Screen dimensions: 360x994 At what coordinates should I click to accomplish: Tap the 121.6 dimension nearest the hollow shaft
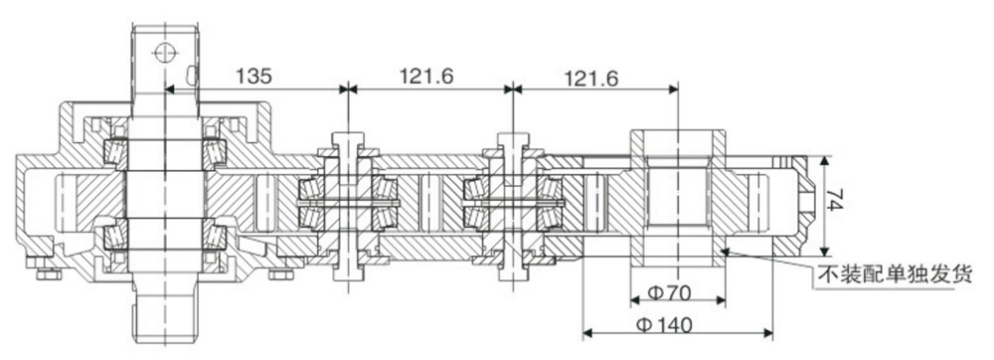coord(590,76)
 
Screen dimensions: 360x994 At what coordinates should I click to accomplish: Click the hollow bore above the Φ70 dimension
coord(676,199)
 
